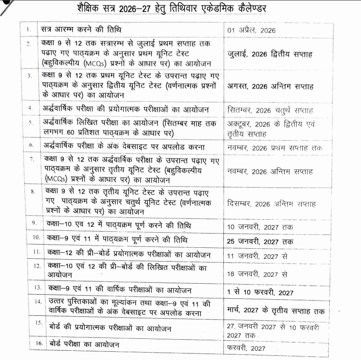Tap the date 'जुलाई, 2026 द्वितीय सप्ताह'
point(270,54)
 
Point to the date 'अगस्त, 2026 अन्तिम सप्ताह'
point(270,86)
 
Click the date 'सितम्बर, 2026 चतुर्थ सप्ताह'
point(270,110)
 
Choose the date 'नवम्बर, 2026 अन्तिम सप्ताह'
point(270,171)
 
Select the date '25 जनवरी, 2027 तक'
point(260,241)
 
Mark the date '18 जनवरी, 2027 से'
point(257,274)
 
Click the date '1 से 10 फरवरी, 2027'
point(260,292)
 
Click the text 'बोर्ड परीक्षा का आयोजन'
point(87,344)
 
